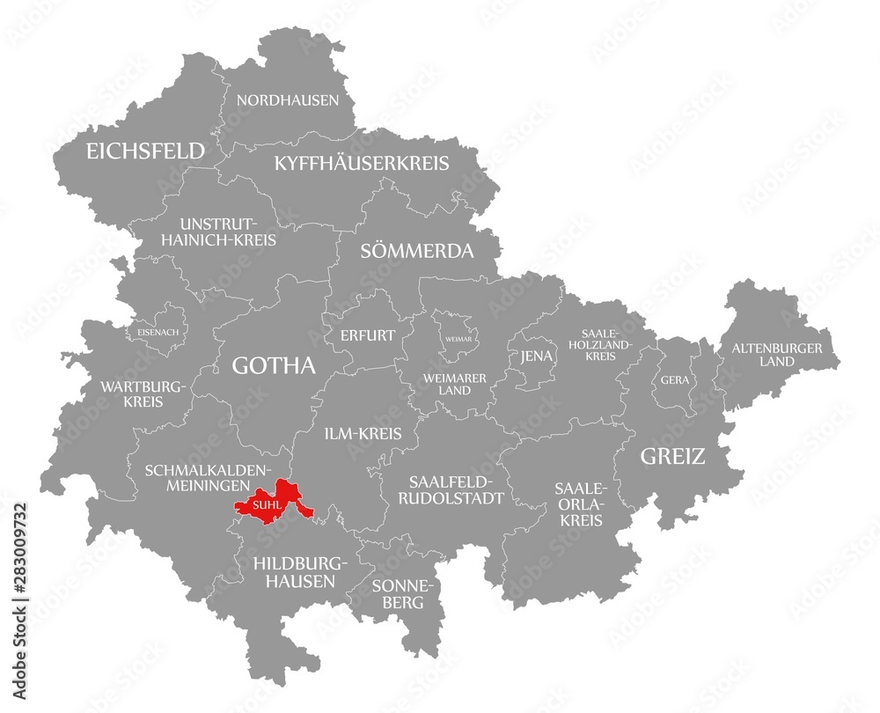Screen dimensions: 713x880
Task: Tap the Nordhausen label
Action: click(x=287, y=100)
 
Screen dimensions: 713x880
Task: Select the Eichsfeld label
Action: click(x=145, y=151)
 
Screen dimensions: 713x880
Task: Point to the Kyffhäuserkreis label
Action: click(x=362, y=163)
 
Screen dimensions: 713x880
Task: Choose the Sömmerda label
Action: click(x=417, y=251)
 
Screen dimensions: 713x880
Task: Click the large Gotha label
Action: click(x=273, y=365)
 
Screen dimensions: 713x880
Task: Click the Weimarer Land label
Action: click(x=455, y=384)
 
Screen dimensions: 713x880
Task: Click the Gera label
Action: click(x=677, y=380)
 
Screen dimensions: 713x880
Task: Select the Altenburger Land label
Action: click(x=777, y=354)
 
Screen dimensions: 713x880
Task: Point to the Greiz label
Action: click(x=672, y=456)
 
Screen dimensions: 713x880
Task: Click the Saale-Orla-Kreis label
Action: click(x=579, y=504)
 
